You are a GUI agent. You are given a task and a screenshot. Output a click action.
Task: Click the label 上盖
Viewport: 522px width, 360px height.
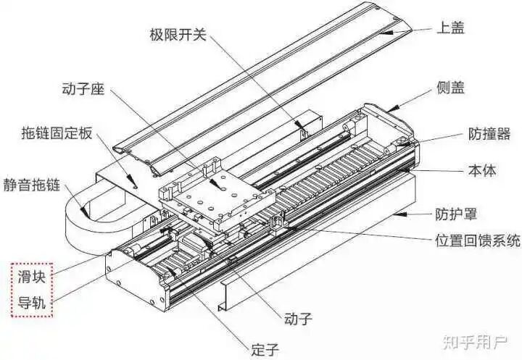[x=450, y=29]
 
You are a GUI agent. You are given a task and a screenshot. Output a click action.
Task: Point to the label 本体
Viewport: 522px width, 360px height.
[x=480, y=172]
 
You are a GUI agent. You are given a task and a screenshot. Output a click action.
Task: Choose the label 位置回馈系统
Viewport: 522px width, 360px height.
[x=476, y=241]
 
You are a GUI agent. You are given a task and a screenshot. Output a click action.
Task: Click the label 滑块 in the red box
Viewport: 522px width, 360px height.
[x=32, y=276]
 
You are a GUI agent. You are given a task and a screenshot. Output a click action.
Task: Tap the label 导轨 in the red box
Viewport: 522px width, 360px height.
[x=32, y=303]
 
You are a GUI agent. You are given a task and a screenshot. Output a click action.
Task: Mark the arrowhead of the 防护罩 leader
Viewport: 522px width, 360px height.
[x=395, y=214]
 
